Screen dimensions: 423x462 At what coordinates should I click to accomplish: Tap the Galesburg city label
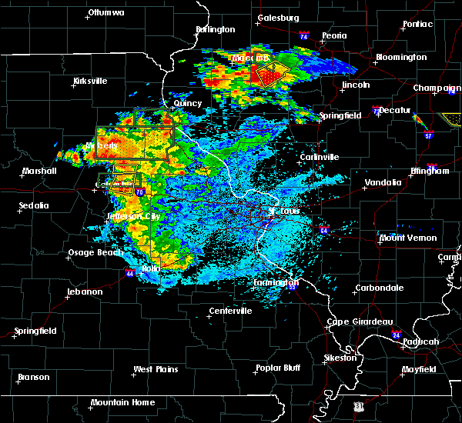point(278,17)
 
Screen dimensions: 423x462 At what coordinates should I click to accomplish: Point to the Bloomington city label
point(400,58)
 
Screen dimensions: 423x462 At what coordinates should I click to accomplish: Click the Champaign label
point(436,88)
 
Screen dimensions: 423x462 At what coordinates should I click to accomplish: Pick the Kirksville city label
point(90,81)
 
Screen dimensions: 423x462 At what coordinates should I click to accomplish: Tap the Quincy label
point(188,103)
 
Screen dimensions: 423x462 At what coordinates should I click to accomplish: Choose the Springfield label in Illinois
point(342,115)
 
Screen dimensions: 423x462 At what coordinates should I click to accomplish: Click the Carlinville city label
point(319,157)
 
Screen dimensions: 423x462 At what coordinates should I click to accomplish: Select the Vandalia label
point(383,183)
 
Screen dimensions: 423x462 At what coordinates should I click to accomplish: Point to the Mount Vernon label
point(407,238)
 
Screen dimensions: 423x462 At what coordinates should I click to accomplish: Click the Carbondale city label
point(379,288)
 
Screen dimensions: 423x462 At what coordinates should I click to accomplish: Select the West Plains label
point(156,369)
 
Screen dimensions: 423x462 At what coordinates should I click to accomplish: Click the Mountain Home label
point(122,402)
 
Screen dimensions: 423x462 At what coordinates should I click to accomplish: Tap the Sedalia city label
point(34,205)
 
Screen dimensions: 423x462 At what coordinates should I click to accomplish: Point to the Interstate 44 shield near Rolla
point(126,272)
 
